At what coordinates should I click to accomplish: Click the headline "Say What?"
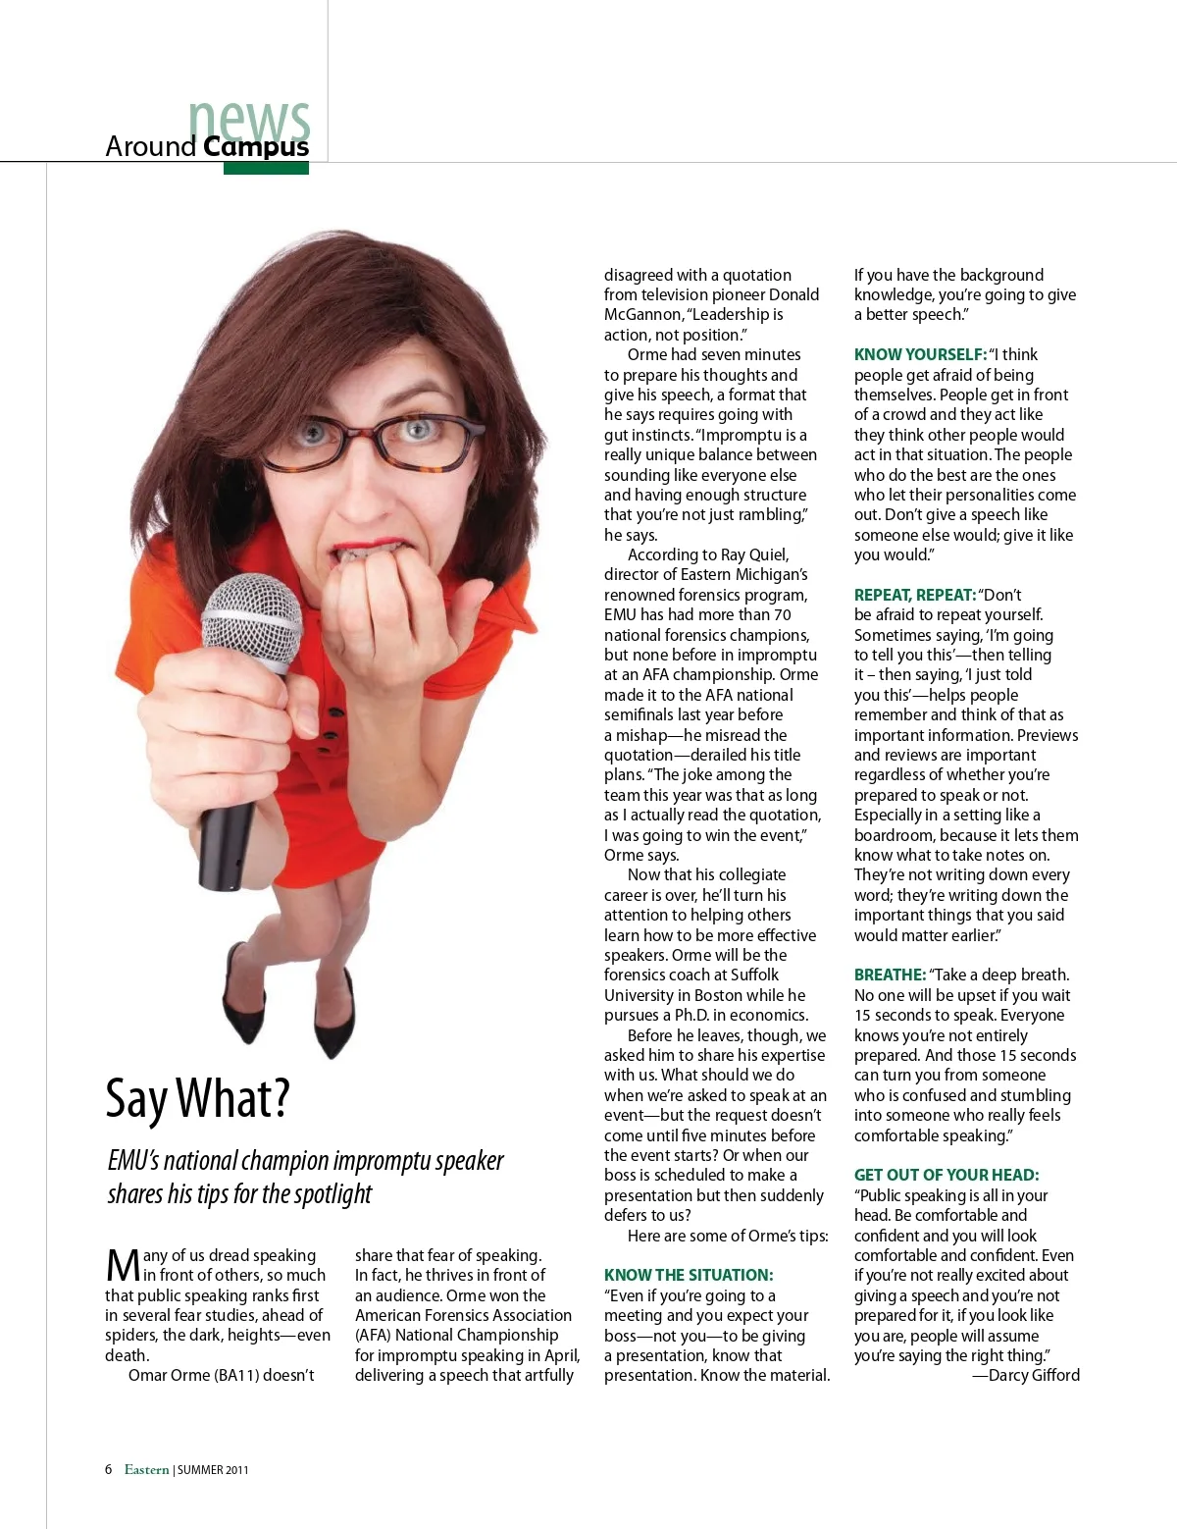(197, 1099)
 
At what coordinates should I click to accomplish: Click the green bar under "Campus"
(266, 168)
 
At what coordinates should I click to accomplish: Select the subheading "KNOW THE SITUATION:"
(689, 1275)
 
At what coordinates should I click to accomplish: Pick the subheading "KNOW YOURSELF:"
(920, 354)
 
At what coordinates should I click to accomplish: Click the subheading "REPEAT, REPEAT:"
(914, 595)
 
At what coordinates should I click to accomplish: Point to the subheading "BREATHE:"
(890, 975)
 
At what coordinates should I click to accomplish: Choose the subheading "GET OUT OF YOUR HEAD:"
(946, 1175)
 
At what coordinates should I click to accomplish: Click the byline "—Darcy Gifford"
(1026, 1375)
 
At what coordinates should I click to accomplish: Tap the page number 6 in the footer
(109, 1469)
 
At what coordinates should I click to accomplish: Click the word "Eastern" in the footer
(146, 1469)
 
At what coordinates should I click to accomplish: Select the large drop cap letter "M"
(123, 1266)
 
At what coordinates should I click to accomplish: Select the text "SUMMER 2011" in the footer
(213, 1470)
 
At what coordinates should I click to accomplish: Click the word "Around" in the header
(151, 146)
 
